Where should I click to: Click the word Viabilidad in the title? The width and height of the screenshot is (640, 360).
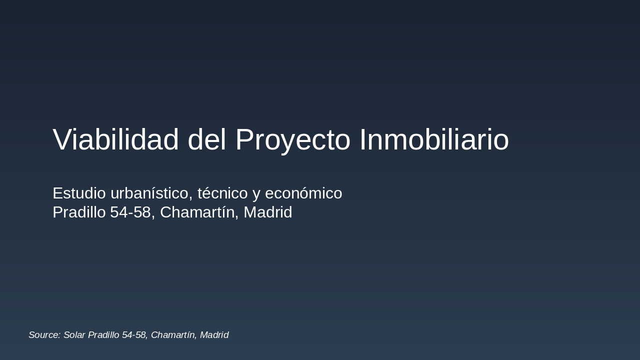(115, 139)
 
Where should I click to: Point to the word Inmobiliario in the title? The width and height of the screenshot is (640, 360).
(434, 139)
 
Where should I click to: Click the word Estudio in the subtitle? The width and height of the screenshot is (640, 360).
(79, 193)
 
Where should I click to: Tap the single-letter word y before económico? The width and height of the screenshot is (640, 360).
(256, 194)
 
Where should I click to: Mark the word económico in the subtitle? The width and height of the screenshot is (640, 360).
(303, 193)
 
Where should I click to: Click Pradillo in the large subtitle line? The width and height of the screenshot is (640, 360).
(79, 212)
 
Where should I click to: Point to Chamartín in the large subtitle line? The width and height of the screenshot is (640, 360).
(199, 212)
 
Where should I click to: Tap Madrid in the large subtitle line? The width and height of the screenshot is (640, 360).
(267, 212)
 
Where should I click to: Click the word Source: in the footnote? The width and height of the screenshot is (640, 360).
(44, 335)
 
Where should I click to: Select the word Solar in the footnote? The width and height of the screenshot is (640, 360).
(74, 335)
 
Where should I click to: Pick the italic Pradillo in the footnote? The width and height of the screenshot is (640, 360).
(103, 335)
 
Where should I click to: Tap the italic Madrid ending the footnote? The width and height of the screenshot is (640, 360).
(214, 335)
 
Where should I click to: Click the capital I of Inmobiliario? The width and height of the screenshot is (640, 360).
(362, 139)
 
